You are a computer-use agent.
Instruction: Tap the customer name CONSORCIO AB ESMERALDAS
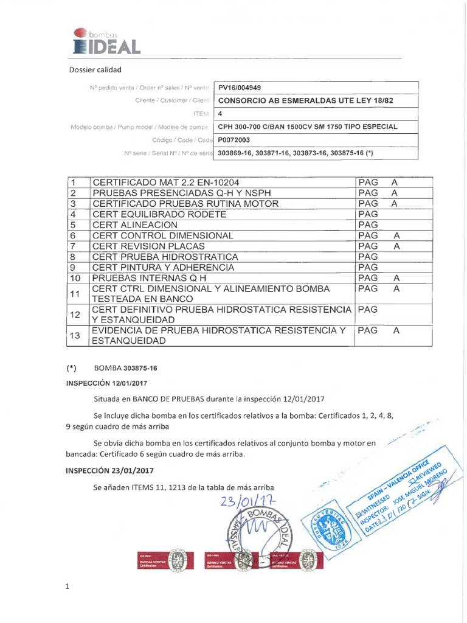click(302, 100)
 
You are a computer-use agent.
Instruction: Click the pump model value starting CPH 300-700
click(308, 127)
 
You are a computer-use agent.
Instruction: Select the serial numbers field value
click(294, 153)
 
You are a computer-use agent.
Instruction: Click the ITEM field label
click(200, 114)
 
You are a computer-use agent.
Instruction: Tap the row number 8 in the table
click(72, 257)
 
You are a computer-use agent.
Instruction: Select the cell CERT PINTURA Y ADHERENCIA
click(163, 267)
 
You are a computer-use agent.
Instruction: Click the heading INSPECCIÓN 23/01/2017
click(109, 471)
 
